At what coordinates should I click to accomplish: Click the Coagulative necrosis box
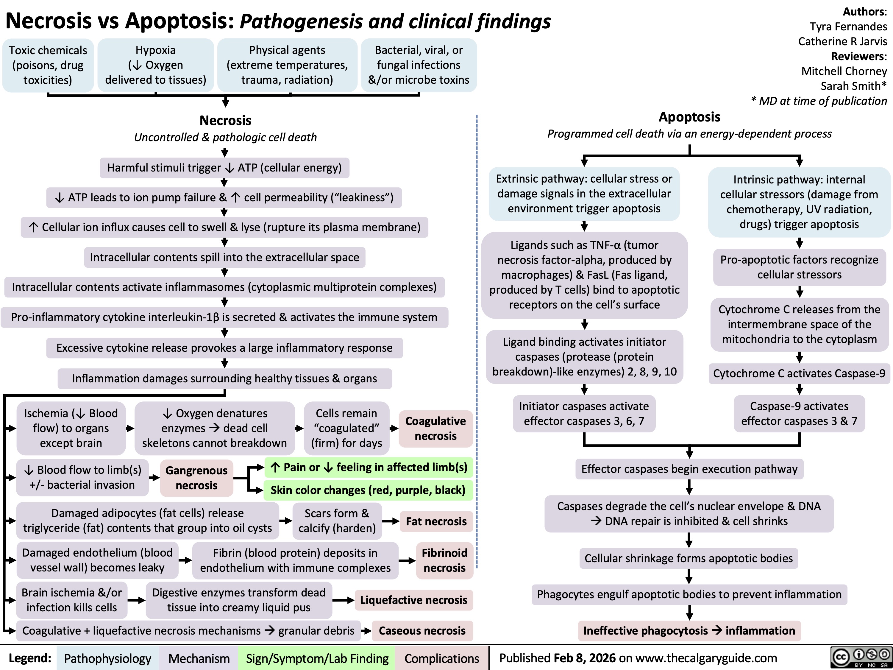point(435,429)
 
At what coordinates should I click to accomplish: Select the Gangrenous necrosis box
point(196,478)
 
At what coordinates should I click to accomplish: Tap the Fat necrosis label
point(436,521)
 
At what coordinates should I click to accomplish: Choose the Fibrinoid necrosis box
point(444,560)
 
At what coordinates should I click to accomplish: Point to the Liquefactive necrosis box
point(413,600)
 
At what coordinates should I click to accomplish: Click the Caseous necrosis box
point(422,630)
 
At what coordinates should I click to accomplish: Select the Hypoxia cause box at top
point(155,65)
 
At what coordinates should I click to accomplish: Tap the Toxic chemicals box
point(48,65)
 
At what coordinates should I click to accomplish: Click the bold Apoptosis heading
point(689,117)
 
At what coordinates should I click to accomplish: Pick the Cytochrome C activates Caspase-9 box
point(799,373)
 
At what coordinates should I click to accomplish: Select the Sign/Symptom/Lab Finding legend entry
point(317,658)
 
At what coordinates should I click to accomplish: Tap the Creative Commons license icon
point(861,657)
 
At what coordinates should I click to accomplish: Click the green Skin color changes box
point(368,490)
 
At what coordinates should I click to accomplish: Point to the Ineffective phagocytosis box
point(689,630)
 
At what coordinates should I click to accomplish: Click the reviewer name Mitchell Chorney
point(844,71)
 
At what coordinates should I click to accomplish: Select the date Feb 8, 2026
point(585,658)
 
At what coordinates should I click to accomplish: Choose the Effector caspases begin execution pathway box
point(689,469)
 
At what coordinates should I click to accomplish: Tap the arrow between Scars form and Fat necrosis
point(390,521)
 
